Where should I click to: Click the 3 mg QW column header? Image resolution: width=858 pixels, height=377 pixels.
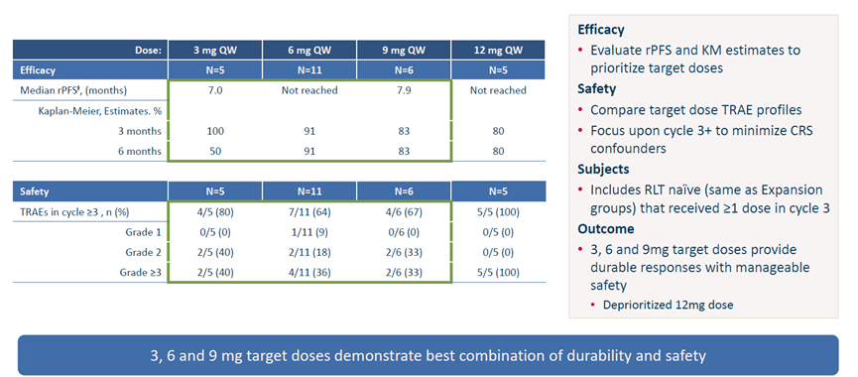(215, 50)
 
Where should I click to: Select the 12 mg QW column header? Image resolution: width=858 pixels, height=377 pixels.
(498, 50)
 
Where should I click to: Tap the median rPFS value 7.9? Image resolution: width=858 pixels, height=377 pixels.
(404, 90)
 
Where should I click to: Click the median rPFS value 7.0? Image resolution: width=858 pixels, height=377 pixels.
(215, 90)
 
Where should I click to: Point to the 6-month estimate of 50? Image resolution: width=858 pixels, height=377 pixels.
(215, 151)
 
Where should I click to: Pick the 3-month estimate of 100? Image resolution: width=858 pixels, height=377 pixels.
(215, 131)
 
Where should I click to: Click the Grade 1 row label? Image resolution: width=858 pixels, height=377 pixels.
(142, 232)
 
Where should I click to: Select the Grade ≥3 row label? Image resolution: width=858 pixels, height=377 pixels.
(141, 272)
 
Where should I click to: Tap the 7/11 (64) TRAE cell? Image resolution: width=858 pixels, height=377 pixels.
(309, 212)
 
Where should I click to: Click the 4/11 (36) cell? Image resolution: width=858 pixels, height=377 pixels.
(309, 272)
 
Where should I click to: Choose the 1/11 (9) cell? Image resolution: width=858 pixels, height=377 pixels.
(309, 232)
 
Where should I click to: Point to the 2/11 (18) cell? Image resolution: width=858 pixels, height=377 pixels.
(309, 252)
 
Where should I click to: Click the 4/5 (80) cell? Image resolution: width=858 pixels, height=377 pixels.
(215, 212)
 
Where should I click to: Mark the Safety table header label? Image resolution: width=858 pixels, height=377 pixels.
(34, 192)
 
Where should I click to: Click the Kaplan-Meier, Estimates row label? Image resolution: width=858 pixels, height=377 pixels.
(101, 111)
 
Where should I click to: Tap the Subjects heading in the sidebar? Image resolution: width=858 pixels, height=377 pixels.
(603, 169)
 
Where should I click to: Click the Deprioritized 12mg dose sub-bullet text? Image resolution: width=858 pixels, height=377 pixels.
(669, 306)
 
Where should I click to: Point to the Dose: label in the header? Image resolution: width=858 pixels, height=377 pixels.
(148, 50)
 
